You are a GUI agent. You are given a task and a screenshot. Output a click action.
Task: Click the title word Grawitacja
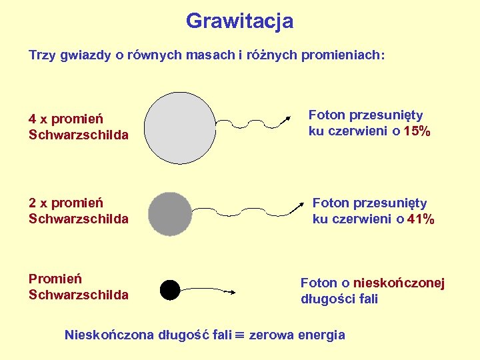(x=239, y=21)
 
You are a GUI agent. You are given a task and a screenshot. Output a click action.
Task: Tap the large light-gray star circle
(x=177, y=128)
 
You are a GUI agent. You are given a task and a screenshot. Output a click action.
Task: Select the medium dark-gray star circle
(x=169, y=214)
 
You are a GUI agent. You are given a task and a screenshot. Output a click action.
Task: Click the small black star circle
(x=170, y=290)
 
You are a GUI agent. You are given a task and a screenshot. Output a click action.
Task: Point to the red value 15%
(x=417, y=131)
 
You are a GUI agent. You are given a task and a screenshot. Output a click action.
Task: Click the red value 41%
(x=421, y=219)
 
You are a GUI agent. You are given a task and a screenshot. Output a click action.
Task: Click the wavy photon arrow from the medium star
(x=257, y=210)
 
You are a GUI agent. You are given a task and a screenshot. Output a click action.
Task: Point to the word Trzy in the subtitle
(x=41, y=55)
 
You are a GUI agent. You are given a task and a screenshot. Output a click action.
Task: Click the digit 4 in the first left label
(x=33, y=119)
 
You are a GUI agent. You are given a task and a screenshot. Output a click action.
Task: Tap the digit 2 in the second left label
(x=33, y=203)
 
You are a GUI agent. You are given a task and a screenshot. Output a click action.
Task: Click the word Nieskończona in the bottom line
(x=108, y=335)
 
